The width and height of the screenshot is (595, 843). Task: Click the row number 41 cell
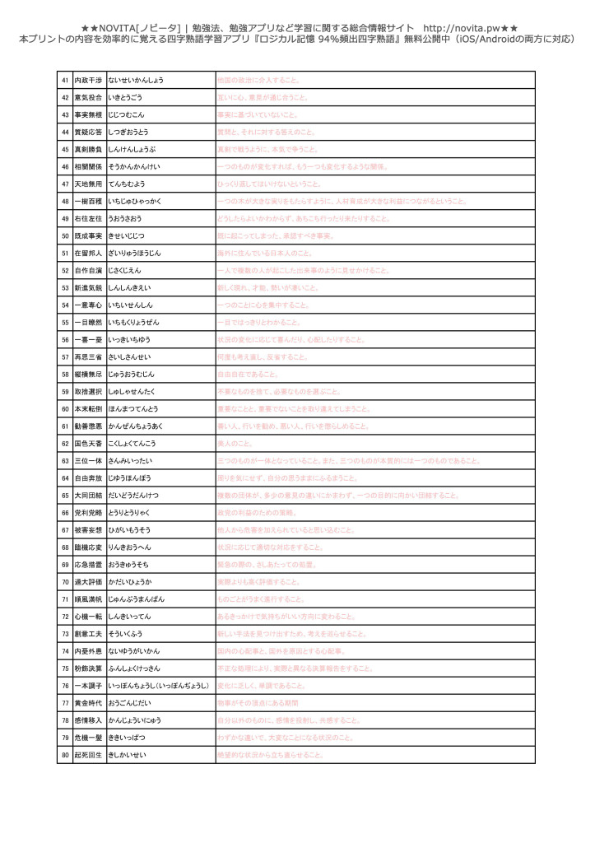point(65,80)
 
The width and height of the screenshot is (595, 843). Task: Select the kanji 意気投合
point(89,97)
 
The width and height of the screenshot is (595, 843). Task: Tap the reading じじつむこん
point(126,114)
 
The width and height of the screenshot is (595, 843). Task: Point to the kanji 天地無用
point(89,184)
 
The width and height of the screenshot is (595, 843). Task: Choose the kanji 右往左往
point(89,218)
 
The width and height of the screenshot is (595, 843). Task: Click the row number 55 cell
point(65,322)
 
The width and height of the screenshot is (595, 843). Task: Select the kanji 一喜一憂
point(89,339)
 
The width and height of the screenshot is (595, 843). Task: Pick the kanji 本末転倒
point(89,408)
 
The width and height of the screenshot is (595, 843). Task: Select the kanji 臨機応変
point(89,547)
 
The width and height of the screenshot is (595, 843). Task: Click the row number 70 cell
point(65,581)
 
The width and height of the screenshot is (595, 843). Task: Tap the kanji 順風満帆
point(89,598)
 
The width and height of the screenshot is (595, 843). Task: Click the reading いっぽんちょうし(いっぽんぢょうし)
point(159,685)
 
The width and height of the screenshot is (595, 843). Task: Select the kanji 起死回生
point(89,754)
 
